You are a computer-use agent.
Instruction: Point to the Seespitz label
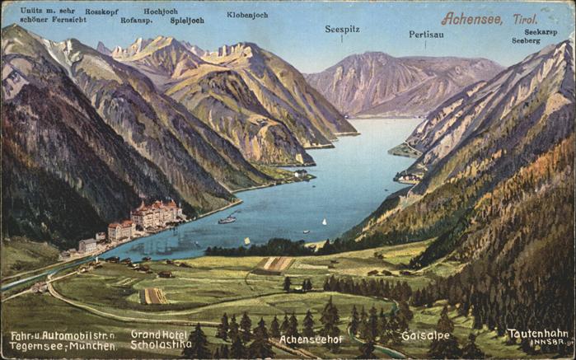click(341, 28)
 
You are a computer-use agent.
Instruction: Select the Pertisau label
click(426, 35)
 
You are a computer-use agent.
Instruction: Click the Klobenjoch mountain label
click(247, 15)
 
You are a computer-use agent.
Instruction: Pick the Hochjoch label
click(161, 12)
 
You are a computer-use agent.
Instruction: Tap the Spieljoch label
click(187, 20)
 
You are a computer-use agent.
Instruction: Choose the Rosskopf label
click(102, 12)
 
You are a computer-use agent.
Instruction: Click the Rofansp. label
click(136, 20)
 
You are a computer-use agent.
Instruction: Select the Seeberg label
click(526, 40)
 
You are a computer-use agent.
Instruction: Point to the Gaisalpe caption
click(425, 336)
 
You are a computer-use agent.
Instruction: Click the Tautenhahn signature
click(537, 334)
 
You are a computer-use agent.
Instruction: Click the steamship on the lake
click(227, 220)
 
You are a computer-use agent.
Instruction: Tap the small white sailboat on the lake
click(323, 222)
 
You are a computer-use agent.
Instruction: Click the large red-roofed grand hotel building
click(157, 213)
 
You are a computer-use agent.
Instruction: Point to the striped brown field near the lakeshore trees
click(274, 264)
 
